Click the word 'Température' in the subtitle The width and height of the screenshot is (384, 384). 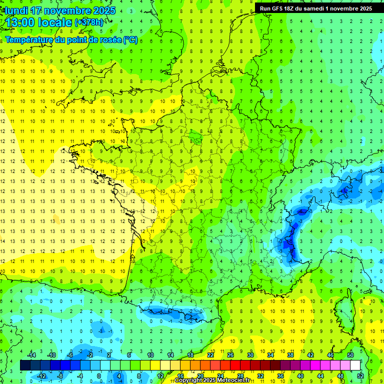click(x=30, y=39)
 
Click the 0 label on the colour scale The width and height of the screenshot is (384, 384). click(x=99, y=375)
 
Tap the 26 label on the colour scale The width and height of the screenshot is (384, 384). click(x=230, y=355)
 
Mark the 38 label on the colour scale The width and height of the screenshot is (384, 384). click(x=290, y=355)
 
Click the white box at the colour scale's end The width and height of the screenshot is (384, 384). click(x=355, y=365)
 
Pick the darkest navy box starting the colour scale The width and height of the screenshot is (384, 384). click(x=25, y=365)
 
